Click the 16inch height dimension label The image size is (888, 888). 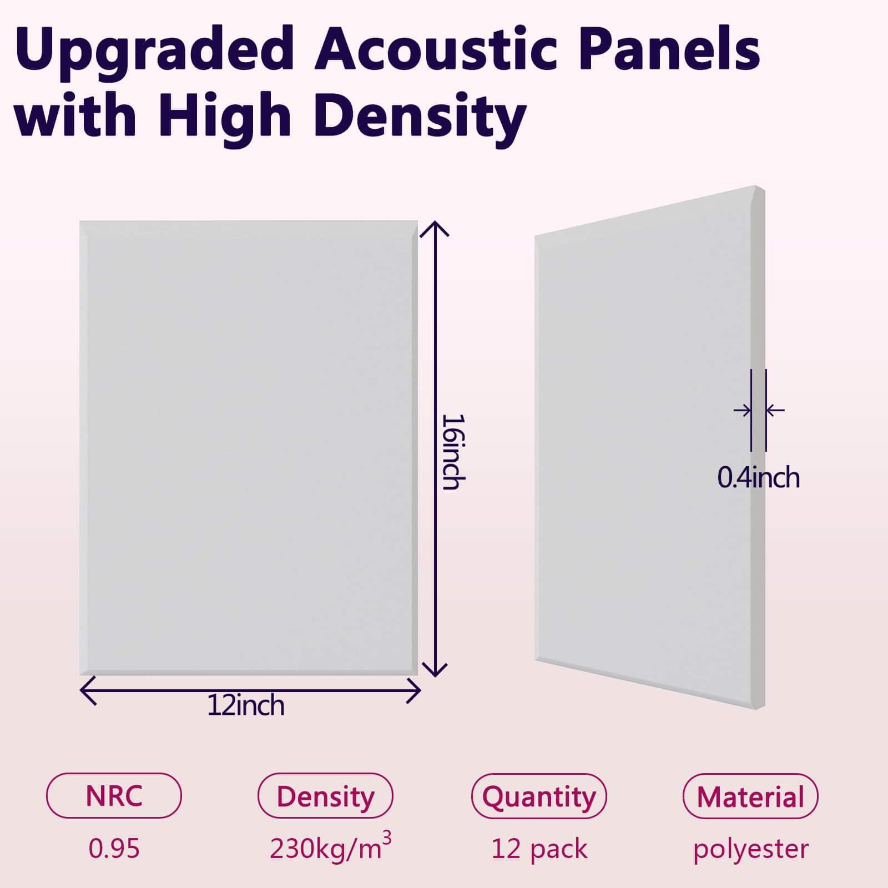(451, 452)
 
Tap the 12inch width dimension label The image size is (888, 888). (246, 706)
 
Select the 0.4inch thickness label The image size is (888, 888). (759, 478)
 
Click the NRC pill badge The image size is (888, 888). (114, 795)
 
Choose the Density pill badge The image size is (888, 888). (326, 795)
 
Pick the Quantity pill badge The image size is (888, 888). (539, 796)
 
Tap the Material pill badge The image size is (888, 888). (750, 796)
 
